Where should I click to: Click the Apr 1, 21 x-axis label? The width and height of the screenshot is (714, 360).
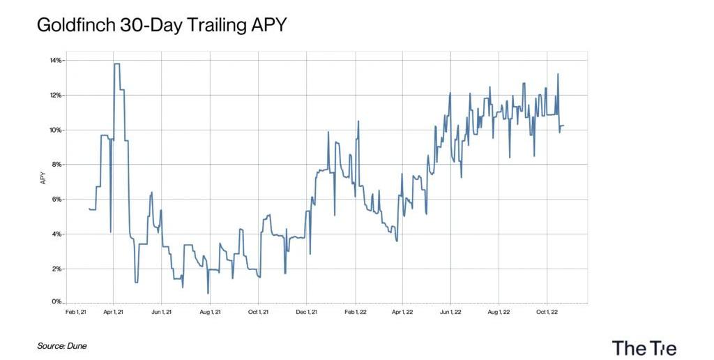pyautogui.click(x=113, y=312)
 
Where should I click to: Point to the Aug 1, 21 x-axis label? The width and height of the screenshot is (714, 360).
pyautogui.click(x=210, y=312)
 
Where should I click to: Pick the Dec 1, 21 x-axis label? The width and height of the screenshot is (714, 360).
pyautogui.click(x=307, y=312)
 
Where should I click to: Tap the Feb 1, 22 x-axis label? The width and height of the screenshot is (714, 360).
pyautogui.click(x=356, y=312)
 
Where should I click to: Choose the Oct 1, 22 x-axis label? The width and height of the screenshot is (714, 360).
pyautogui.click(x=546, y=312)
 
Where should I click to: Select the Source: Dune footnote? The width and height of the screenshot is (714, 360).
pyautogui.click(x=62, y=345)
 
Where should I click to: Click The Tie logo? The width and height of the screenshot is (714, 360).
pyautogui.click(x=644, y=347)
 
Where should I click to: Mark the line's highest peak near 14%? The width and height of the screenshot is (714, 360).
pyautogui.click(x=116, y=64)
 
